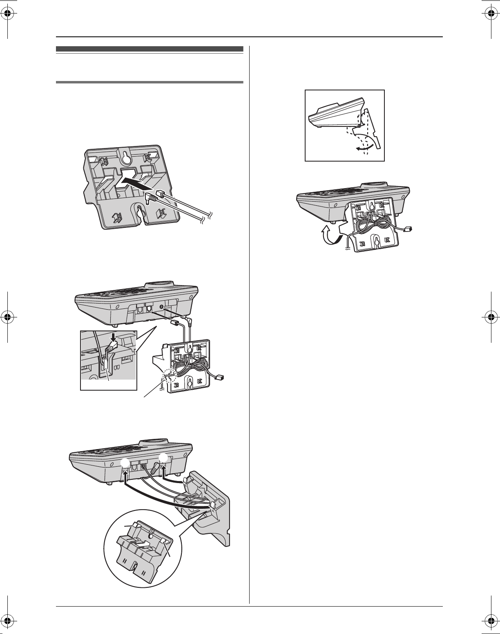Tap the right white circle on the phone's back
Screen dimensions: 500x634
point(164,459)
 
